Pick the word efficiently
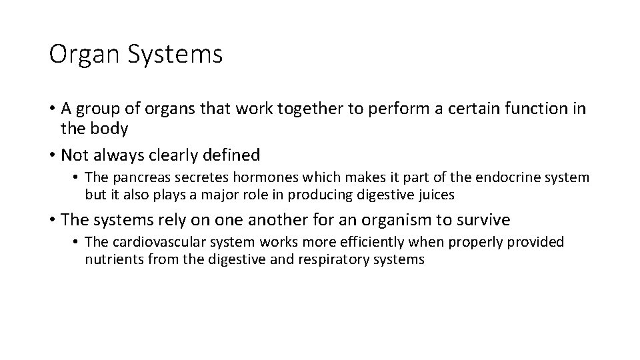coord(373,242)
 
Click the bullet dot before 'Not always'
coord(51,156)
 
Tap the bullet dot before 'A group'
coord(51,109)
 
